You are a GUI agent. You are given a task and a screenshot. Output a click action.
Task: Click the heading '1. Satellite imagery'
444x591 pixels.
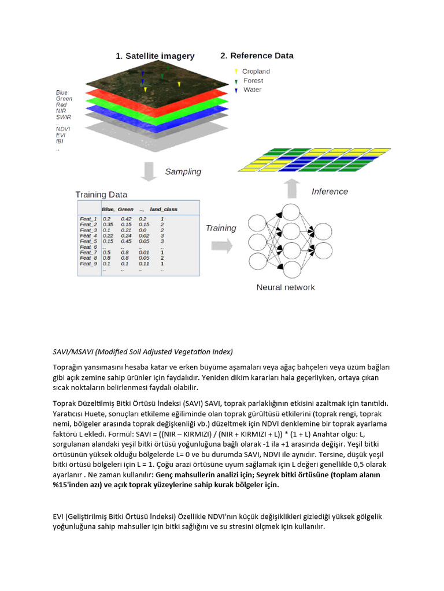155,56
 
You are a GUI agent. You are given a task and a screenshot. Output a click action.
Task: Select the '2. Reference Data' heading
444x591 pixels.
257,55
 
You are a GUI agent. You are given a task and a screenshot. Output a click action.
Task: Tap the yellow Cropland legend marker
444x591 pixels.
236,72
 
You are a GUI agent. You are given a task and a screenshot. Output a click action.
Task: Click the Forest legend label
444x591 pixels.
253,81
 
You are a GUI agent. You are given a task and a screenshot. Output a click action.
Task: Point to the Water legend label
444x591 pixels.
252,89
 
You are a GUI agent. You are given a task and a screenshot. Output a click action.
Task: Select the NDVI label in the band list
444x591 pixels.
63,129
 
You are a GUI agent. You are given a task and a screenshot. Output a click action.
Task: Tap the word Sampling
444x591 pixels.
183,171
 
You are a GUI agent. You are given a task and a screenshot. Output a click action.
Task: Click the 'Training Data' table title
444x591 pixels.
101,194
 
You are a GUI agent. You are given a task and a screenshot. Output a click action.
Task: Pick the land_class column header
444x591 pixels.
164,209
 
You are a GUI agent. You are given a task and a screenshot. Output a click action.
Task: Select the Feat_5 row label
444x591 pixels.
88,241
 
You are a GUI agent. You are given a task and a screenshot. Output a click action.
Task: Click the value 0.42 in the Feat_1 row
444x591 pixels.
126,219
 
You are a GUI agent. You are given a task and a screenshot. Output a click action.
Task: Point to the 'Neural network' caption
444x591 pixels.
286,287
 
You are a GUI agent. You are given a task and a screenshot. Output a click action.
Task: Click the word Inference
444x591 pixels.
330,191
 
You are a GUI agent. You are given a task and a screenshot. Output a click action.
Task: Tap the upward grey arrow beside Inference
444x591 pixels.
293,189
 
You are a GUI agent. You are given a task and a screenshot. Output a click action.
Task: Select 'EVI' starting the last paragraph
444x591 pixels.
58,516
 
